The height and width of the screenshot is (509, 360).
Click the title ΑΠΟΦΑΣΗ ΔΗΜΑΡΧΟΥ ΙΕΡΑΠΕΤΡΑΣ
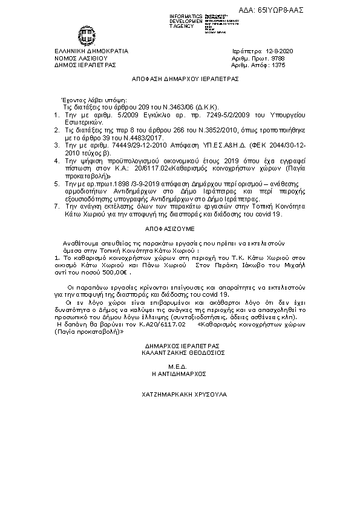(x=186, y=79)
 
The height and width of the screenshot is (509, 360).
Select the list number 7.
(x=56, y=206)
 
